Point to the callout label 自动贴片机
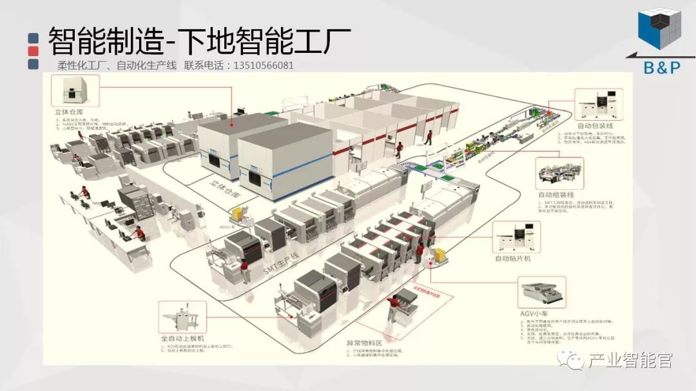click(512, 258)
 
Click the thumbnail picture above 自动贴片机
click(516, 237)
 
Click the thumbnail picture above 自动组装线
click(559, 174)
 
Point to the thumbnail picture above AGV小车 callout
click(542, 293)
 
